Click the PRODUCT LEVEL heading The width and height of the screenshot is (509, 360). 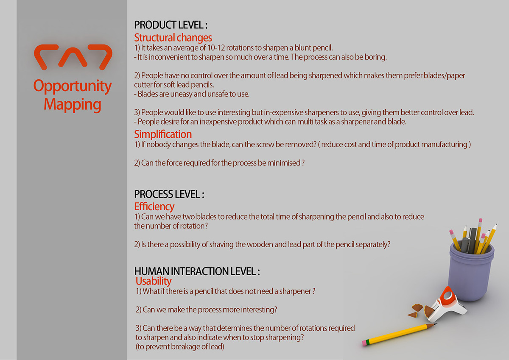[171, 25]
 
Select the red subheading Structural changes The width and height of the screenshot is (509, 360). [173, 38]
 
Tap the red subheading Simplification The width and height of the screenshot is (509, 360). [163, 134]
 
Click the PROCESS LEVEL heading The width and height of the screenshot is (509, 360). [169, 194]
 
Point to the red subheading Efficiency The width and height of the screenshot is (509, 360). [154, 207]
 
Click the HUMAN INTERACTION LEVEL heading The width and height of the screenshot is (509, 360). [197, 271]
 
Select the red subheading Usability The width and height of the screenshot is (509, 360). [154, 281]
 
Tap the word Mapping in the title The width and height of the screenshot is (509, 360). [73, 105]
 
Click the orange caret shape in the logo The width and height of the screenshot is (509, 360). [73, 57]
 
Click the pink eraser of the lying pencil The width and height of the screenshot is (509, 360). [364, 343]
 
